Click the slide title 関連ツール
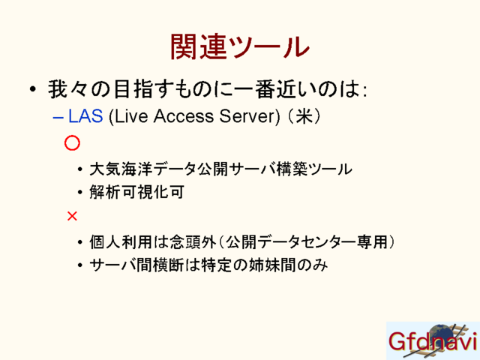pyautogui.click(x=240, y=46)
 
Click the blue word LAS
pyautogui.click(x=85, y=116)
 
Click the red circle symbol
pyautogui.click(x=72, y=143)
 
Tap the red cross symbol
pyautogui.click(x=72, y=217)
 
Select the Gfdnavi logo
pyautogui.click(x=433, y=340)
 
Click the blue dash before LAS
pyautogui.click(x=58, y=117)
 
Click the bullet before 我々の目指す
pyautogui.click(x=33, y=89)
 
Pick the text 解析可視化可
pyautogui.click(x=136, y=192)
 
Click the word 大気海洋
pyautogui.click(x=121, y=169)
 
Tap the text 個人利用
pyautogui.click(x=121, y=241)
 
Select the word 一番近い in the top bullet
pyautogui.click(x=272, y=89)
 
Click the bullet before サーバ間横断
pyautogui.click(x=80, y=265)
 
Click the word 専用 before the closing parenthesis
pyautogui.click(x=372, y=241)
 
